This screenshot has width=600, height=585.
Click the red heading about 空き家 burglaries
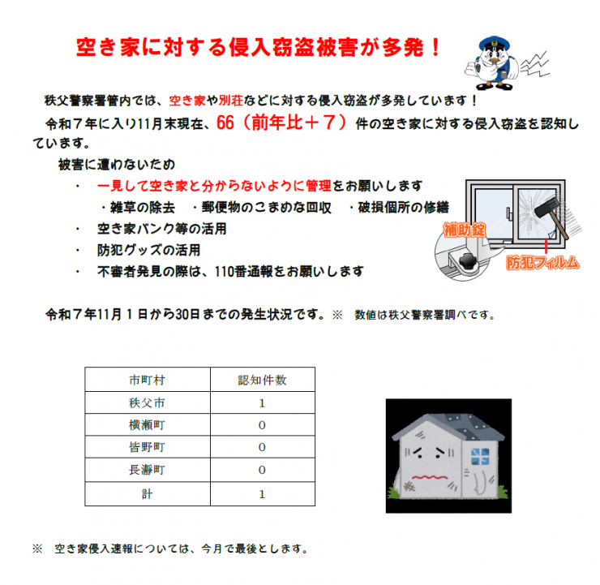258,47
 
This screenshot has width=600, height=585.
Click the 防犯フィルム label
543,262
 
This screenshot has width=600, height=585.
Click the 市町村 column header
147,379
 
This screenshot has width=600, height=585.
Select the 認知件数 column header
261,379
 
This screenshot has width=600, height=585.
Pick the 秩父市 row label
147,402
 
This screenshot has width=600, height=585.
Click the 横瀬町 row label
147,424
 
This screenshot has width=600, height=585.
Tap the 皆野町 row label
147,447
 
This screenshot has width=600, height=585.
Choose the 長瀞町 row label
147,470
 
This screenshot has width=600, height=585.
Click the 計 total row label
147,493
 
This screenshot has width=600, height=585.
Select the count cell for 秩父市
261,402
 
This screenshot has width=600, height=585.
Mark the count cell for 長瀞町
261,470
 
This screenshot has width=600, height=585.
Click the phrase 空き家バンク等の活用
161,229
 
